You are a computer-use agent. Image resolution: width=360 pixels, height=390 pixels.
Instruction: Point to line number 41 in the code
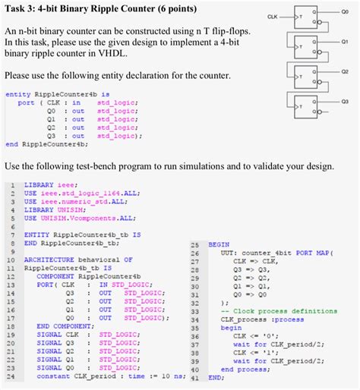click(193, 376)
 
